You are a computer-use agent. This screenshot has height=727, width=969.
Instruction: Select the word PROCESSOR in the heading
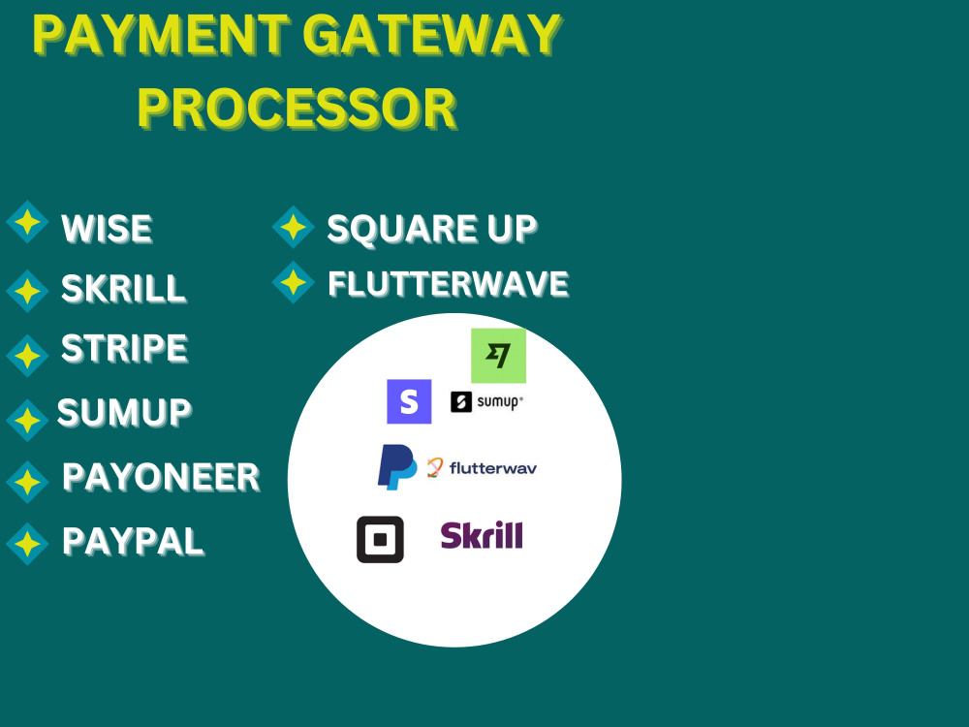pyautogui.click(x=297, y=109)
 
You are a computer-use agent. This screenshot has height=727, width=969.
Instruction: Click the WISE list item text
pyautogui.click(x=107, y=228)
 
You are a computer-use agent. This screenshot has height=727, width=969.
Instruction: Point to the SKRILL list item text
pyautogui.click(x=124, y=288)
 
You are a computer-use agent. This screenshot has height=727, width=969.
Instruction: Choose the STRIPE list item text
pyautogui.click(x=124, y=348)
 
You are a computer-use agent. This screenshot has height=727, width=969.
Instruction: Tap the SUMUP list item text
pyautogui.click(x=124, y=412)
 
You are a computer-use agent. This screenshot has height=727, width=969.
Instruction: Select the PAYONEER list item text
pyautogui.click(x=161, y=477)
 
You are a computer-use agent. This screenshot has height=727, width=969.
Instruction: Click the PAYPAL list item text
pyautogui.click(x=133, y=542)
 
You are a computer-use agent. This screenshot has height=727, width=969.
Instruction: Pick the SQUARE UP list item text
pyautogui.click(x=432, y=229)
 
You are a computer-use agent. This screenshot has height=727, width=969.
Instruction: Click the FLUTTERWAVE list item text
pyautogui.click(x=448, y=284)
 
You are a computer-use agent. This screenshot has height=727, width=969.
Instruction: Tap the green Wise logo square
pyautogui.click(x=499, y=356)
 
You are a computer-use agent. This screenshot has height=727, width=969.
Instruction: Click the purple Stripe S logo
pyautogui.click(x=409, y=402)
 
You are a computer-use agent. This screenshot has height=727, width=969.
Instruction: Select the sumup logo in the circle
pyautogui.click(x=487, y=402)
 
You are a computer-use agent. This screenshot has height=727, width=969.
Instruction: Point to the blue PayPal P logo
pyautogui.click(x=396, y=467)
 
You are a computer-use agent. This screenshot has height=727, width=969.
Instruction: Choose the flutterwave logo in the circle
pyautogui.click(x=482, y=468)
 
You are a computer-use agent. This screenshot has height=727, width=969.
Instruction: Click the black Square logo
pyautogui.click(x=380, y=540)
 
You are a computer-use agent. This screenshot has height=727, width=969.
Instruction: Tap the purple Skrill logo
pyautogui.click(x=482, y=535)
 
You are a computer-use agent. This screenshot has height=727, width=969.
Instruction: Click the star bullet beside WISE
pyautogui.click(x=27, y=222)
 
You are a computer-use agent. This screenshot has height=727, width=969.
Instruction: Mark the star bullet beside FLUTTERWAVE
pyautogui.click(x=294, y=282)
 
